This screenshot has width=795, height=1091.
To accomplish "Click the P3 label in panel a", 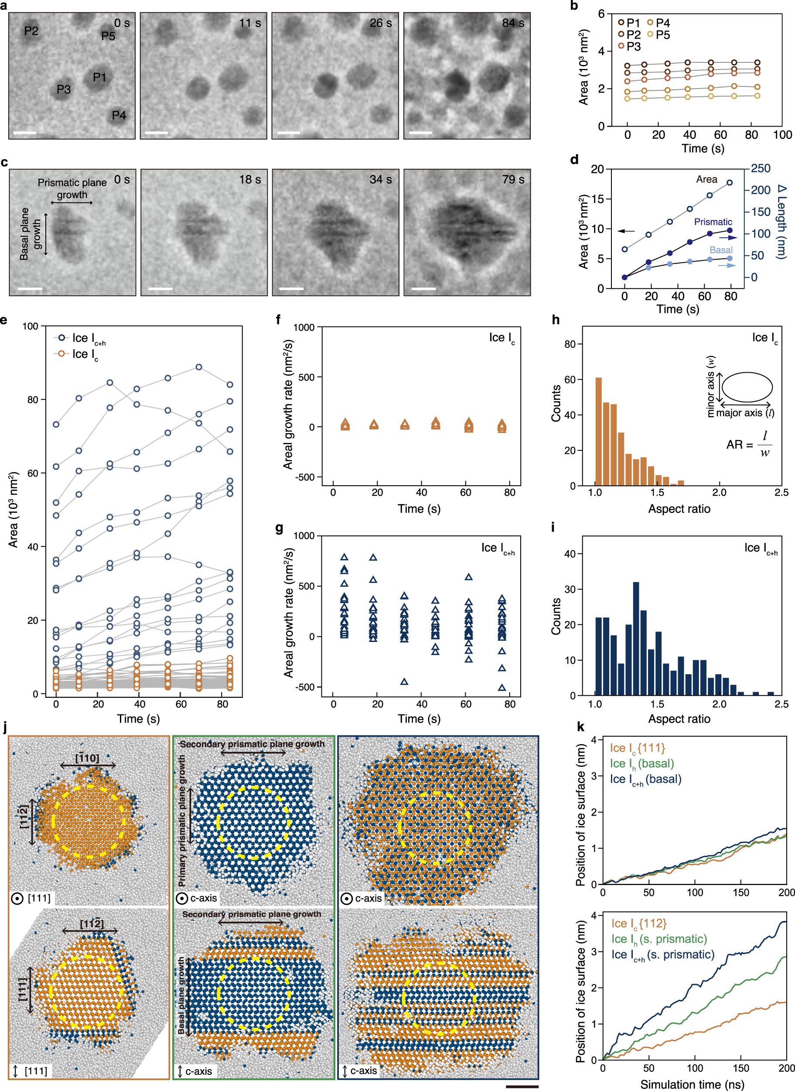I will (x=64, y=89).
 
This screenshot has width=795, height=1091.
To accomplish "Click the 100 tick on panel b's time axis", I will (x=782, y=135).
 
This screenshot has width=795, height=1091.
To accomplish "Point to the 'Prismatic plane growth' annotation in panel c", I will (x=72, y=189).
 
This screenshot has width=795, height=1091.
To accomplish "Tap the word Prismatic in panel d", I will (x=713, y=222).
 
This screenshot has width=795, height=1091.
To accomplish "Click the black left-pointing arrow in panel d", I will (x=626, y=231).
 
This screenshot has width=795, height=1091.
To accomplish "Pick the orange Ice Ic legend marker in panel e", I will (x=61, y=354).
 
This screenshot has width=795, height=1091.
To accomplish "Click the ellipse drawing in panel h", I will (x=747, y=387).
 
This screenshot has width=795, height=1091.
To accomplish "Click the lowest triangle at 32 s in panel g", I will (x=404, y=682).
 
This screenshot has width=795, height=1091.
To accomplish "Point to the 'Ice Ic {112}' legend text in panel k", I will (x=638, y=923).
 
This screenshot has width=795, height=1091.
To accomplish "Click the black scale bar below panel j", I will (x=522, y=1086).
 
